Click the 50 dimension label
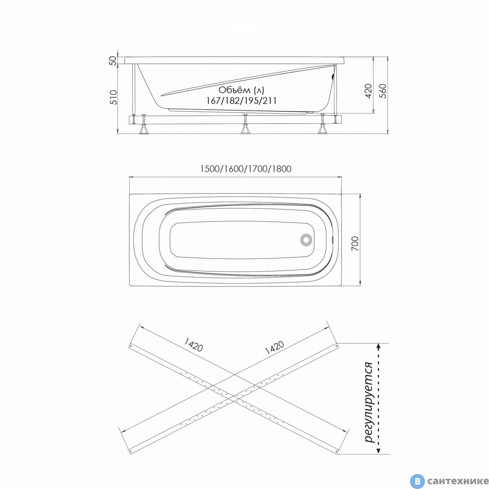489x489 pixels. coord(113,60)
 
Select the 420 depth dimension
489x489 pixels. coord(369,90)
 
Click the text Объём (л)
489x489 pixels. coord(241,90)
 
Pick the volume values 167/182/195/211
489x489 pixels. coord(241,101)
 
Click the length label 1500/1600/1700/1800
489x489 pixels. coord(246,169)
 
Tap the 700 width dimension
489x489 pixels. coord(355,243)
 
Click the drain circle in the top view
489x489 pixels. coord(306,240)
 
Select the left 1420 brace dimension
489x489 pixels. coord(194,345)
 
